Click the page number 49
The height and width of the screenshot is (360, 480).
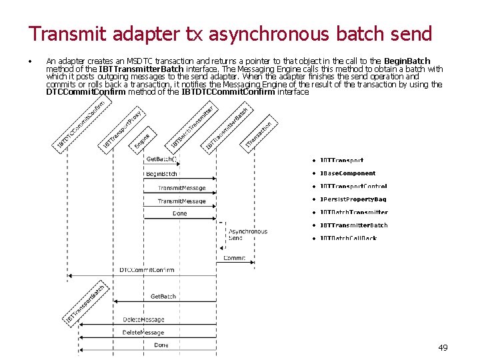(443, 347)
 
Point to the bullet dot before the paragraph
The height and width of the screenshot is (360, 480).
(31, 61)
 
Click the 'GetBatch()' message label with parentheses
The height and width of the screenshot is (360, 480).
(161, 159)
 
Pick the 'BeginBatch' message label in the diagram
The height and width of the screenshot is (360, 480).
(161, 174)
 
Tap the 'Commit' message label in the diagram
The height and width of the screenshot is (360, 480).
(234, 258)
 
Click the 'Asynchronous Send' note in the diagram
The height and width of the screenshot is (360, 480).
(248, 235)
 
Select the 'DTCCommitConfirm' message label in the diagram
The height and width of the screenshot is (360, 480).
(147, 269)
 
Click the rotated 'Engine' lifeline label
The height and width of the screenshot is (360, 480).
(141, 141)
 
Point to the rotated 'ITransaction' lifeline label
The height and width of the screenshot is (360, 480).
(260, 135)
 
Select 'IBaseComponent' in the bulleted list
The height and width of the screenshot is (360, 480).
(347, 173)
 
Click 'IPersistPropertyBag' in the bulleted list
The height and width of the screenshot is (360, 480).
(353, 199)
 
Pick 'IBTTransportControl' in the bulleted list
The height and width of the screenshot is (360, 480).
(353, 187)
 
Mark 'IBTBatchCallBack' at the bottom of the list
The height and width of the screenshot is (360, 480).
(348, 238)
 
